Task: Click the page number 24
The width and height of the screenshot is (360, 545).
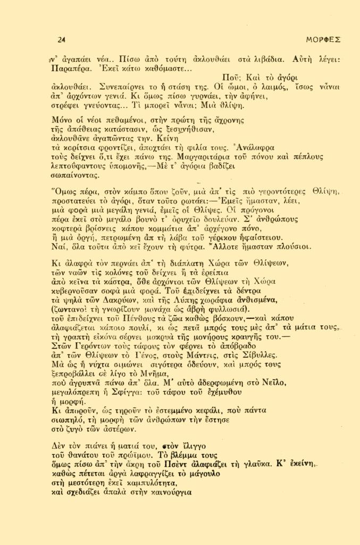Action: (x=61, y=39)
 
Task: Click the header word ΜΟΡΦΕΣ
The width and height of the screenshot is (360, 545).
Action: (x=323, y=39)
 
